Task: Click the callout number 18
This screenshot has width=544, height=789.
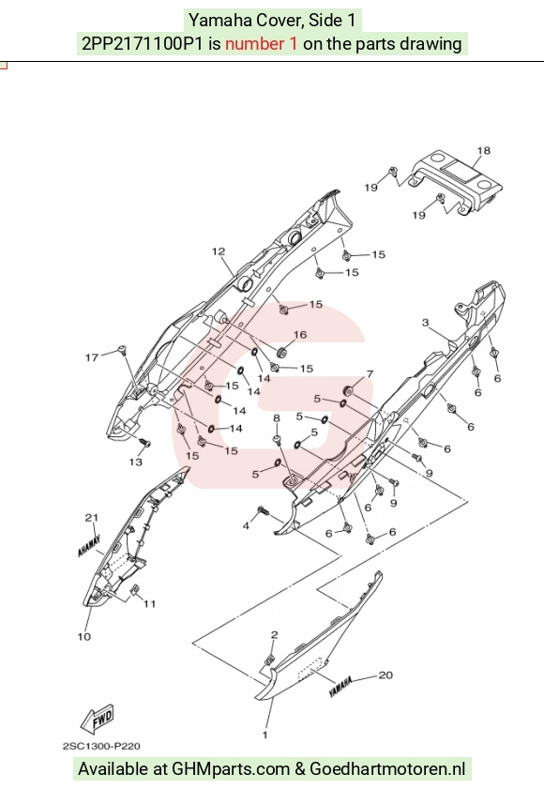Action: pyautogui.click(x=483, y=150)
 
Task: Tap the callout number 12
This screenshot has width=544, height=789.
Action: pyautogui.click(x=219, y=251)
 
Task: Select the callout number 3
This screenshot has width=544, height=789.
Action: pyautogui.click(x=425, y=323)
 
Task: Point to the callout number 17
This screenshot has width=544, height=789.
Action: pyautogui.click(x=92, y=357)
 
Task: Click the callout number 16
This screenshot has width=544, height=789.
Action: pyautogui.click(x=300, y=335)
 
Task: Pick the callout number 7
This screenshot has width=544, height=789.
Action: pyautogui.click(x=370, y=374)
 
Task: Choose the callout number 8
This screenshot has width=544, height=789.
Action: pyautogui.click(x=277, y=418)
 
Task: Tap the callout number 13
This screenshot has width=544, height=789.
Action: pyautogui.click(x=136, y=462)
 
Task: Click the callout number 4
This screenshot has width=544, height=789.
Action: pyautogui.click(x=246, y=525)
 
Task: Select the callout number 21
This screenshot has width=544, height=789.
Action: pyautogui.click(x=92, y=518)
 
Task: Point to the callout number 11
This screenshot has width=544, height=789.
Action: pyautogui.click(x=149, y=604)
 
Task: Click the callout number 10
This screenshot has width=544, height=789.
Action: pyautogui.click(x=84, y=636)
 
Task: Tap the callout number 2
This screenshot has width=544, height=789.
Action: pyautogui.click(x=274, y=635)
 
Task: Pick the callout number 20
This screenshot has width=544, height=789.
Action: pyautogui.click(x=385, y=675)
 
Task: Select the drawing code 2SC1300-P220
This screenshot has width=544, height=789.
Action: pyautogui.click(x=101, y=746)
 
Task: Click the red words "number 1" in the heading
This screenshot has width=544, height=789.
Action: pyautogui.click(x=261, y=44)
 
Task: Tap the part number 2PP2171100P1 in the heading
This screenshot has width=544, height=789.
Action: pyautogui.click(x=143, y=44)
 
